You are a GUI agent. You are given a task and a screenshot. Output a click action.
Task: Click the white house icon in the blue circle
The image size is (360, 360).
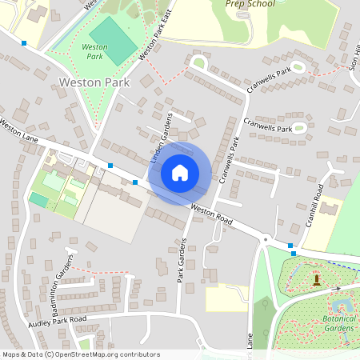[x=180, y=172]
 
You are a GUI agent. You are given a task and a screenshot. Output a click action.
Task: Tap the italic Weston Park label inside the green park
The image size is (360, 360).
[x=95, y=52]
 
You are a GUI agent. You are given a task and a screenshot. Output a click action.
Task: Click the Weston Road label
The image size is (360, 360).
[x=212, y=214]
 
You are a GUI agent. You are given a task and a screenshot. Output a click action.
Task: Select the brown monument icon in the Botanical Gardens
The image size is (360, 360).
[x=317, y=279]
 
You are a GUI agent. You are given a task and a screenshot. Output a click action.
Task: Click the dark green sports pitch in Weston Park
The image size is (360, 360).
[x=113, y=40]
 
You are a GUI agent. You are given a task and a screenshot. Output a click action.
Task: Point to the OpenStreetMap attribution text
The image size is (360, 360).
[x=81, y=354]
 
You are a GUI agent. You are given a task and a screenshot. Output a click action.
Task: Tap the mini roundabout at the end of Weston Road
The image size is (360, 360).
[x=265, y=238]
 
